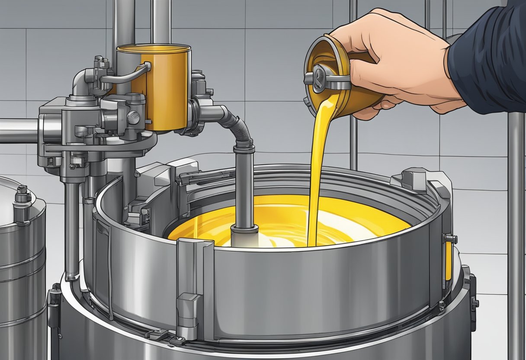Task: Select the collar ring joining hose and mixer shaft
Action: tap(244, 148)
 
